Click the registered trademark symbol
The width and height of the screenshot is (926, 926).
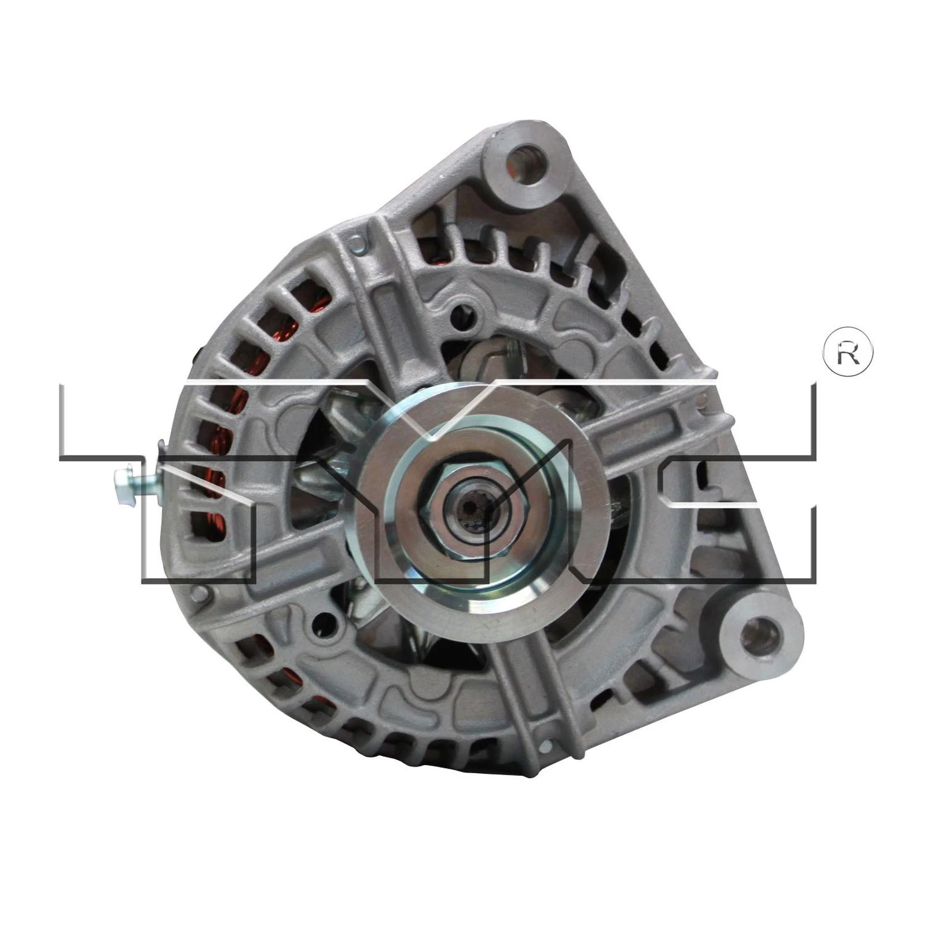pos(848,353)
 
